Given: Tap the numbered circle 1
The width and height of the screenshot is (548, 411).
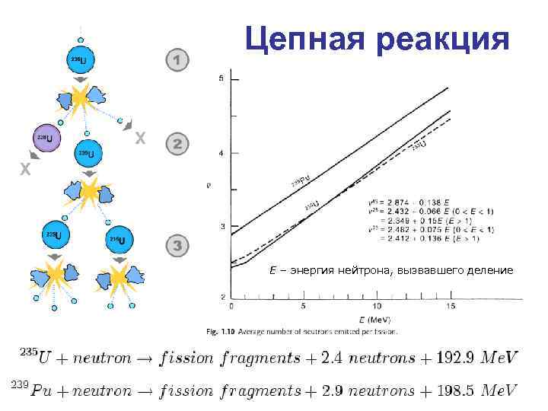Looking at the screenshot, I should (x=177, y=59).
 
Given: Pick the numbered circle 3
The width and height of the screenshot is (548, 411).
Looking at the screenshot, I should (x=177, y=246).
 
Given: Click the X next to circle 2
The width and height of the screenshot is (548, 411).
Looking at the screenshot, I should (x=139, y=139).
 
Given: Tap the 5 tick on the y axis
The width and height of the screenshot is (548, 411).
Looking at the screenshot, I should (x=221, y=79).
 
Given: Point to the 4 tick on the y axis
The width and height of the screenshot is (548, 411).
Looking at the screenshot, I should (x=221, y=154).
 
